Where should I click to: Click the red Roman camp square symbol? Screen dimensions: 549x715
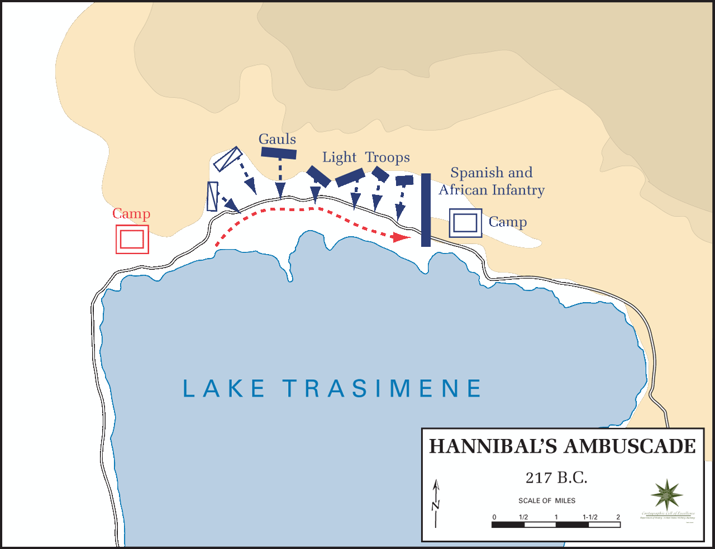click(132, 239)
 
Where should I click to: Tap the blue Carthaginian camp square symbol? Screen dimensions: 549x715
click(465, 223)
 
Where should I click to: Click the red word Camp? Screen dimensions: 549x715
click(131, 213)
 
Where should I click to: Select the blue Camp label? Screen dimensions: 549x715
click(507, 222)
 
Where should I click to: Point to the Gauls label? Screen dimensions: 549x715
click(277, 139)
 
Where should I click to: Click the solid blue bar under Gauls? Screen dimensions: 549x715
click(279, 153)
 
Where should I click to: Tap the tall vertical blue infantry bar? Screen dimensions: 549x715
click(426, 210)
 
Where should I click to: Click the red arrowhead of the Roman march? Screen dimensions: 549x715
click(400, 237)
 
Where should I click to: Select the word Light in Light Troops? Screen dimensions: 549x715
click(339, 157)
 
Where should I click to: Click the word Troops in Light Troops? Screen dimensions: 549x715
click(388, 157)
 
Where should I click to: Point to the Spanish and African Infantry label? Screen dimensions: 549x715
click(492, 181)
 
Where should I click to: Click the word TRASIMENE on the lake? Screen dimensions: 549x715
click(382, 389)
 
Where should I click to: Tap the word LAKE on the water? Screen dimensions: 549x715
click(224, 389)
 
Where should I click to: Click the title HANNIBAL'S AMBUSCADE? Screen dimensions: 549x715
click(563, 447)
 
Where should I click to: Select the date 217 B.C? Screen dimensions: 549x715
click(556, 478)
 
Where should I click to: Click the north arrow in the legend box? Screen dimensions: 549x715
click(436, 503)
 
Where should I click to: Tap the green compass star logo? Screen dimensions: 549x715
click(666, 494)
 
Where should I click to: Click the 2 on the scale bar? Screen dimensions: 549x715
click(618, 517)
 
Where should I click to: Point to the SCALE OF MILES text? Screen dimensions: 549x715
click(546, 500)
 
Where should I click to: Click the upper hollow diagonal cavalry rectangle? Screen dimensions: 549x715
click(227, 159)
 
